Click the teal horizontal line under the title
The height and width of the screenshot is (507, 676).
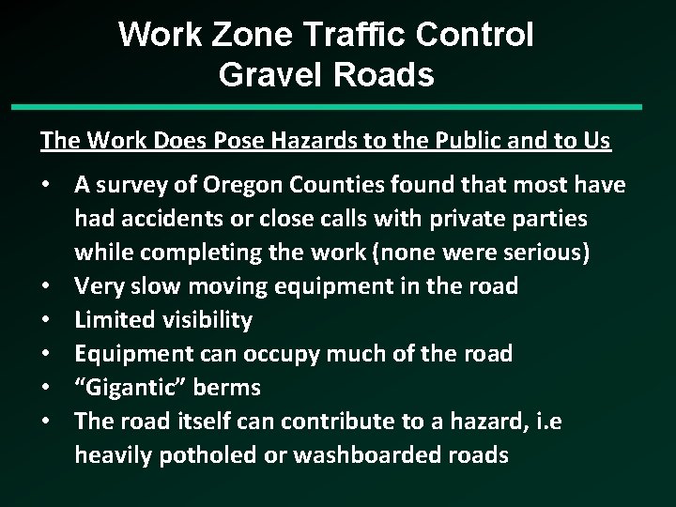[338, 107]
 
